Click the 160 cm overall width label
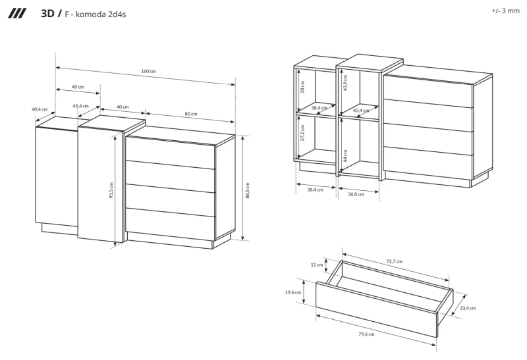[x=149, y=71]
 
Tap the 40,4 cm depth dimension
[x=40, y=109]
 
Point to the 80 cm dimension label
[x=190, y=114]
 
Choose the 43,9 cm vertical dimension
[x=345, y=83]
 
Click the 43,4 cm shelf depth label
[x=361, y=110]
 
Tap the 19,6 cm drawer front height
[x=294, y=292]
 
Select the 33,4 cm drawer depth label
[x=468, y=307]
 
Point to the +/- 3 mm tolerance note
[x=505, y=12]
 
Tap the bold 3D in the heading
[x=48, y=13]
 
